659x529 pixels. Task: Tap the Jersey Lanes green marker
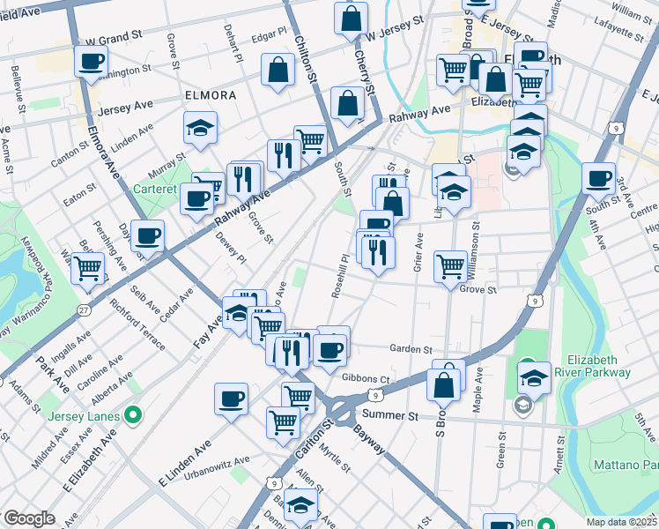point(133,413)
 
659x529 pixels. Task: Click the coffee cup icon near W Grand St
point(91,62)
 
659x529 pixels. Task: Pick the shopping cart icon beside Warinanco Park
point(88,267)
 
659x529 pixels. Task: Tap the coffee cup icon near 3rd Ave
point(598,178)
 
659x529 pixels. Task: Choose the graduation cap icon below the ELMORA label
point(201,128)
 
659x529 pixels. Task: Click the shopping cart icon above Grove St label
point(450,264)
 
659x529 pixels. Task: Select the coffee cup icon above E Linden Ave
point(231,398)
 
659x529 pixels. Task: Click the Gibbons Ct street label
point(365,378)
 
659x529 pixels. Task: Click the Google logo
point(29,518)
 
